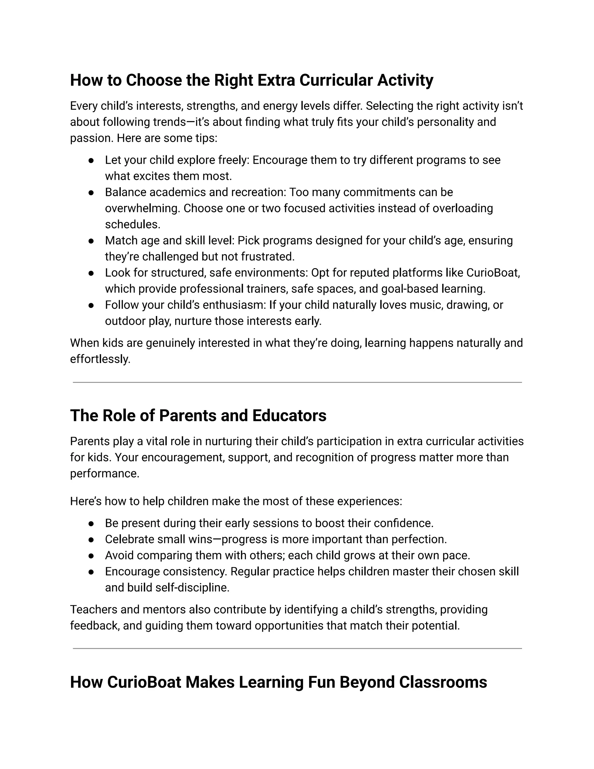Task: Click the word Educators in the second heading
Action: point(289,416)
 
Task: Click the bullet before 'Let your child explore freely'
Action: point(91,160)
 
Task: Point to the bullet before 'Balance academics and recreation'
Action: point(91,193)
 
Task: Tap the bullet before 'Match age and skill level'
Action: point(91,241)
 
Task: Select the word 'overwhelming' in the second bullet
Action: point(142,208)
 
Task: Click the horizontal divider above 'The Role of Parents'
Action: point(297,382)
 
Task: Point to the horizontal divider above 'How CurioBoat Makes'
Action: point(297,648)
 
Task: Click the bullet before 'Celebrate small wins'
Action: point(91,540)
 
